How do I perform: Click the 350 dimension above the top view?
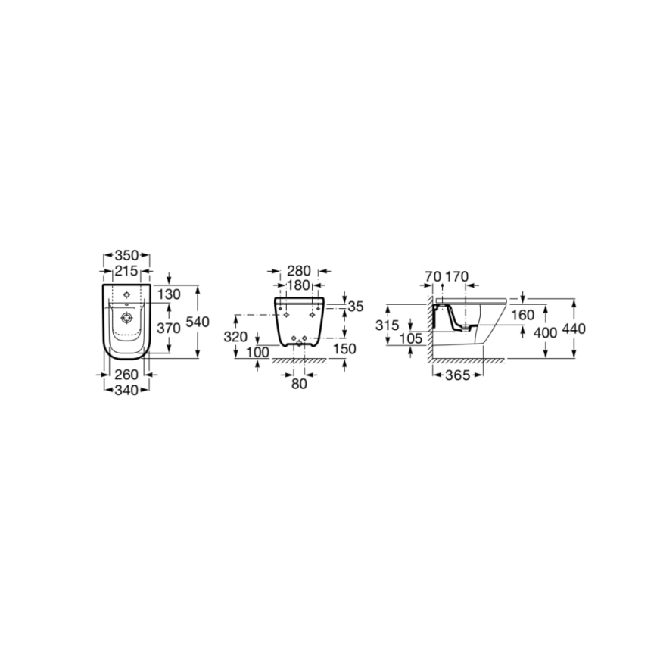tap(126, 256)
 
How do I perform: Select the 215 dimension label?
tap(126, 270)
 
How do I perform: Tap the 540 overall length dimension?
tap(197, 321)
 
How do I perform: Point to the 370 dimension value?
tap(168, 328)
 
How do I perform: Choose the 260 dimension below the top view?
tap(126, 374)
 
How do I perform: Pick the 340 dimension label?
tap(126, 390)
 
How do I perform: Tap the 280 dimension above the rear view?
tap(300, 270)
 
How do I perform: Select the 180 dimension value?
tap(300, 285)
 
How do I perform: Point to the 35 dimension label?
tap(356, 306)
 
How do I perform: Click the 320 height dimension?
tap(236, 338)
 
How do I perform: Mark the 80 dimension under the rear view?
tap(299, 384)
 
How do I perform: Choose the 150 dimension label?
tap(344, 348)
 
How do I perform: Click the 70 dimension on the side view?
tap(433, 276)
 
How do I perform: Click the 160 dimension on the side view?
tap(522, 315)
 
